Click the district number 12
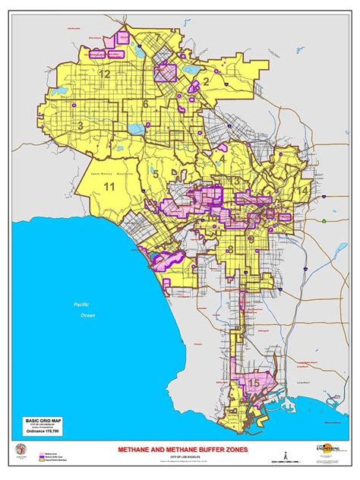(104, 74)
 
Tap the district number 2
(205, 82)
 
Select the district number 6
(145, 104)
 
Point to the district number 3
(80, 125)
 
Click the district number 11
(109, 186)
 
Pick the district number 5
(155, 174)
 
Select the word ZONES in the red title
(245, 449)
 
